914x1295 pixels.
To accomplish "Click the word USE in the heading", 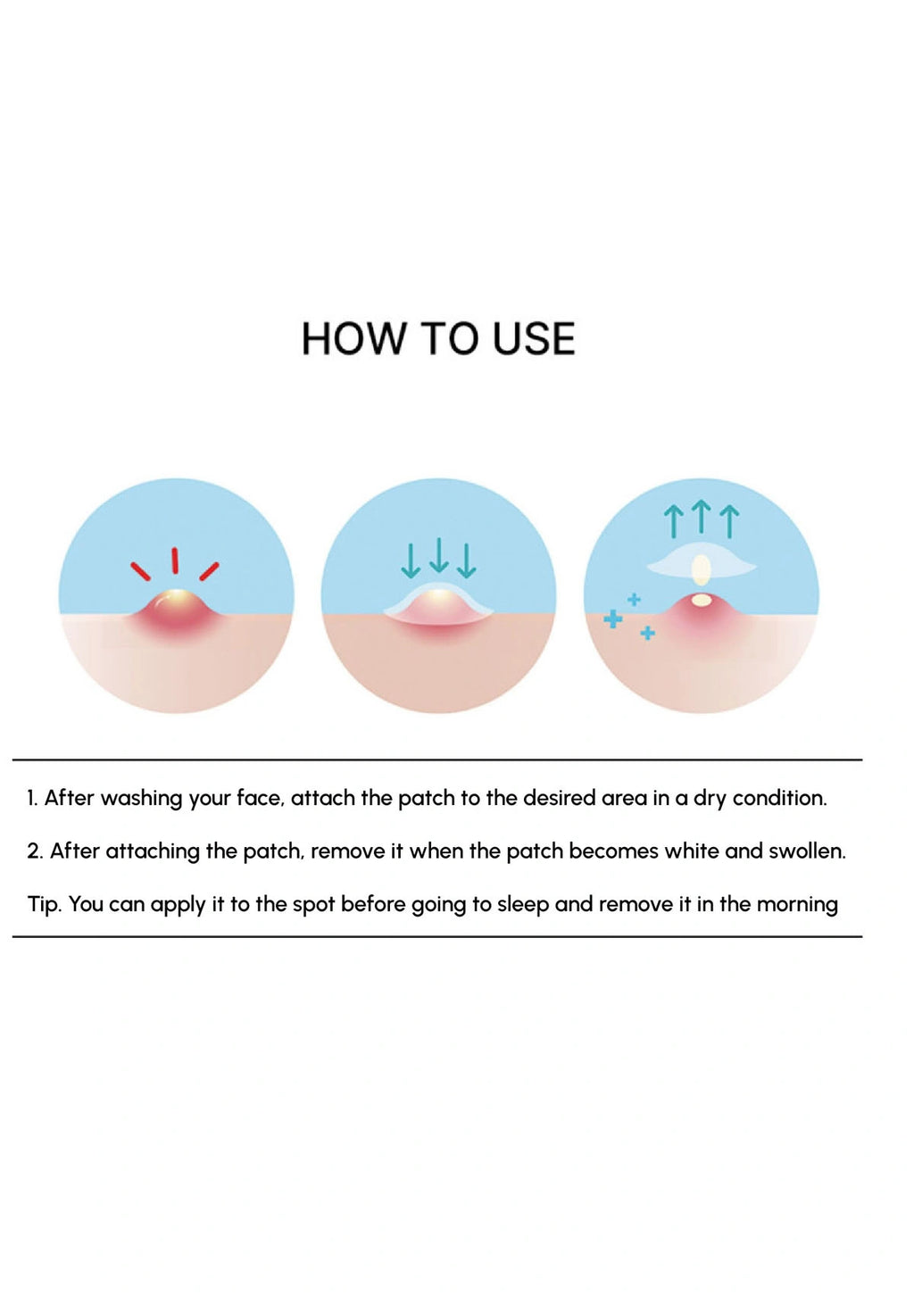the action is coord(534,339).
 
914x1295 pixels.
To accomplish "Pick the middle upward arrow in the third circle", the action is coord(702,516).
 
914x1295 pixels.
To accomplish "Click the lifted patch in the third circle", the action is coord(701,567).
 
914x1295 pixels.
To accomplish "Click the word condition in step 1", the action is coord(780,799).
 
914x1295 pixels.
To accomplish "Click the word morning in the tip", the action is coord(797,906).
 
